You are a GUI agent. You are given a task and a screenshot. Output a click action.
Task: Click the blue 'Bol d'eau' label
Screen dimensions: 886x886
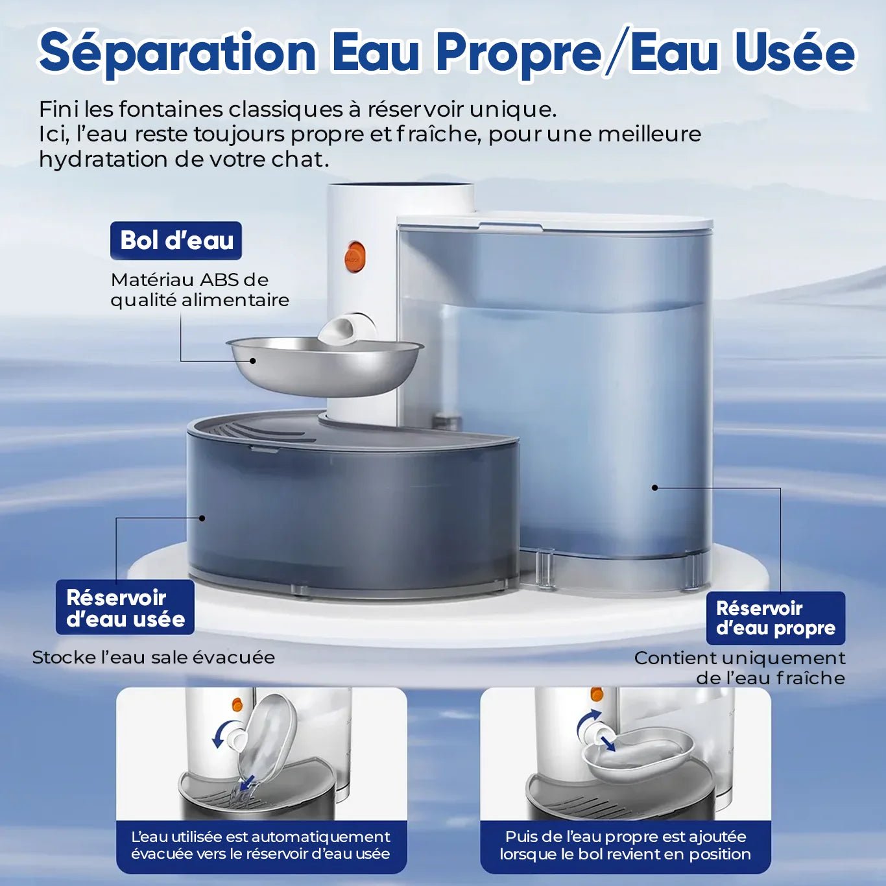[176, 241]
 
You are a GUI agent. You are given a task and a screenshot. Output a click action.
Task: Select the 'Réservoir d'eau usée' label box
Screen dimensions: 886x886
[125, 608]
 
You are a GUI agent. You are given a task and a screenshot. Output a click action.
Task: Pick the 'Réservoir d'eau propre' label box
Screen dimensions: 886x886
[776, 618]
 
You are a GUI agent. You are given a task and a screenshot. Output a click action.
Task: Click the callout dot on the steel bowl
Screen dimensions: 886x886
[252, 361]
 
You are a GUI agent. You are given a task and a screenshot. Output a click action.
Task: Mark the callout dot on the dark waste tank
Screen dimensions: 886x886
[202, 518]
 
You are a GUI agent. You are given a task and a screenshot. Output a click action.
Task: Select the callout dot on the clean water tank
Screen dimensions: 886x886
[654, 487]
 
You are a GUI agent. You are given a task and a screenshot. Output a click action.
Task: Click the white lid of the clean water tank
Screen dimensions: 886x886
[555, 221]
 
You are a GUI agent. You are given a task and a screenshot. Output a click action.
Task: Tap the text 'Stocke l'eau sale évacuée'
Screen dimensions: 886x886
[154, 658]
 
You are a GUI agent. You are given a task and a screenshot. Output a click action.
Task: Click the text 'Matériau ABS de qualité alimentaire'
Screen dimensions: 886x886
[200, 290]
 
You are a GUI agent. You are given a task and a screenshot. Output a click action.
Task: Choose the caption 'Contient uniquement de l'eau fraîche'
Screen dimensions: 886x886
[740, 668]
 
